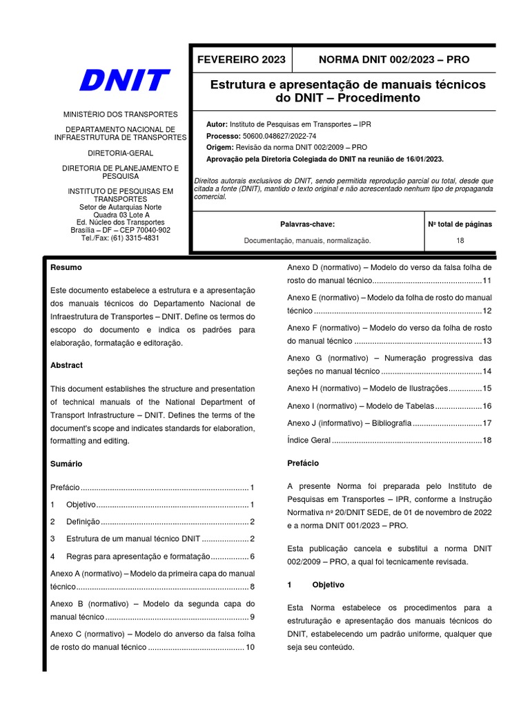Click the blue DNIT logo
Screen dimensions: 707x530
pos(124,81)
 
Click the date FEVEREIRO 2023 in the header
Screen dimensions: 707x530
pos(241,59)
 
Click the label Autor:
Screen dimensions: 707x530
pos(217,124)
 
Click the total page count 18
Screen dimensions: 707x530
pos(460,241)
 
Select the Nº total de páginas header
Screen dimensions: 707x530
pos(460,224)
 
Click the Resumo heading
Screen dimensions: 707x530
pos(66,267)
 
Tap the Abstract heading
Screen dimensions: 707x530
pos(67,365)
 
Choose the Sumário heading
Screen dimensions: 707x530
pos(66,464)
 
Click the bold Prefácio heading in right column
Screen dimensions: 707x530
pos(303,463)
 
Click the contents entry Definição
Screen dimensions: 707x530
pos(84,521)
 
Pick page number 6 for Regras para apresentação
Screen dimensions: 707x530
pos(253,556)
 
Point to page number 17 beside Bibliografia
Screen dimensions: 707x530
pos(487,423)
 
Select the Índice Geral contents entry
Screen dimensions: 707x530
pos(308,440)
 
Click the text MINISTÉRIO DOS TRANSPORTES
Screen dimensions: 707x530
pos(120,114)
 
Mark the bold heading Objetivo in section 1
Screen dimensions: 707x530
pos(328,584)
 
